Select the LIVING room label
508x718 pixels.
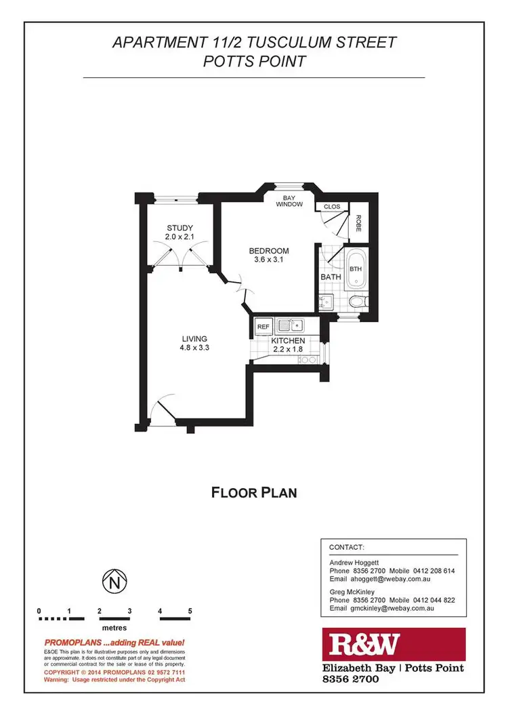coord(194,339)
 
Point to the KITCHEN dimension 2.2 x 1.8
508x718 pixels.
coord(287,349)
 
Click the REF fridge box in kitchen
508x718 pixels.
coord(263,327)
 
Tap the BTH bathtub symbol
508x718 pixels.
coord(356,269)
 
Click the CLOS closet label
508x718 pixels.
coord(332,207)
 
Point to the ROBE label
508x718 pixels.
coord(358,224)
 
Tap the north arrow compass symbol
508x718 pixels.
coord(114,581)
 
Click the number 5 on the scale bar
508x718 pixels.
coord(190,611)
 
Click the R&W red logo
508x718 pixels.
coord(362,644)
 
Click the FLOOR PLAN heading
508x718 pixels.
coord(254,492)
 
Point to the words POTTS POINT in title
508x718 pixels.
coord(254,62)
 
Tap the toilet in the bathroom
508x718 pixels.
coord(357,300)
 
